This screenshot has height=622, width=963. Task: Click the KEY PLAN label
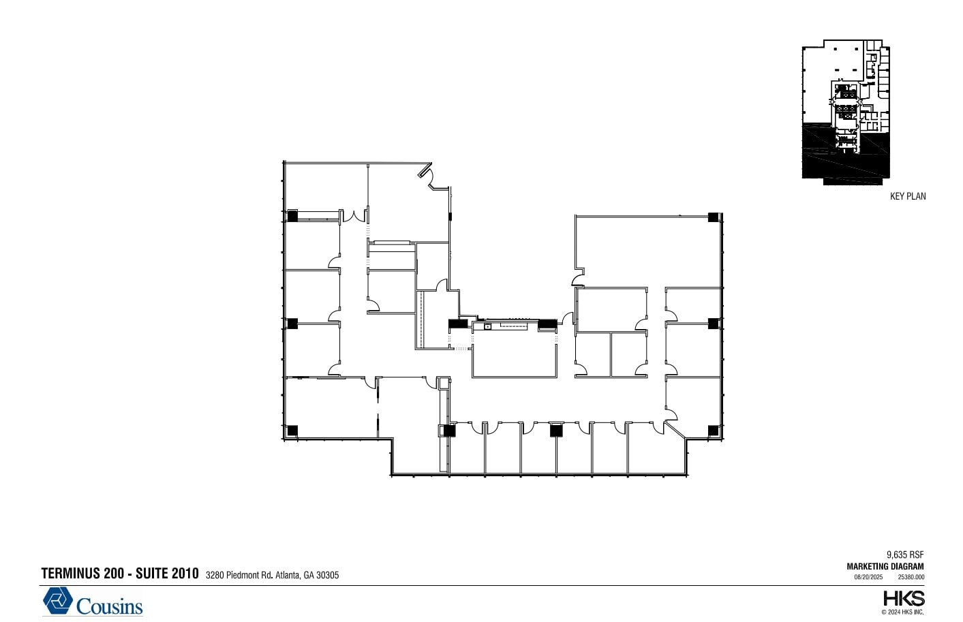908,196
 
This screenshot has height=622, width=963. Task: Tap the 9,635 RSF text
905,555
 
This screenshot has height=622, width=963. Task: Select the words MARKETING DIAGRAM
885,566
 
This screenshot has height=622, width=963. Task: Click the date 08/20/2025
868,577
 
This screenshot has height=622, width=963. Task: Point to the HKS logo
904,599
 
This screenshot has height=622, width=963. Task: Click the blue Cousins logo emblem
59,601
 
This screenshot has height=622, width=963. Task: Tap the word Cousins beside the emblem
109,606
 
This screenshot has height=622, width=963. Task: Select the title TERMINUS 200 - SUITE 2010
120,574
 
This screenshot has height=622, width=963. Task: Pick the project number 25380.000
911,577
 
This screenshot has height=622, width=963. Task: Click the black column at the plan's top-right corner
713,217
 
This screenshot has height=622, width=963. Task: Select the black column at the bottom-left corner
292,430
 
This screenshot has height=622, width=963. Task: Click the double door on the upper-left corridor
354,217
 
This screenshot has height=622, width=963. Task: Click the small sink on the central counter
488,327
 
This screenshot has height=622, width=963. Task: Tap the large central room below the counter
515,354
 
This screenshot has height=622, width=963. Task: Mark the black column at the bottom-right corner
713,430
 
